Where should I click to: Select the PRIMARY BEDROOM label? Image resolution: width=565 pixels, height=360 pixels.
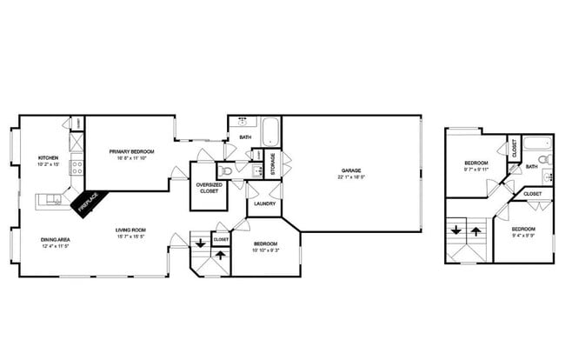[x=129, y=152]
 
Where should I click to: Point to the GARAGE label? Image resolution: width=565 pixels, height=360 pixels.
[x=350, y=170]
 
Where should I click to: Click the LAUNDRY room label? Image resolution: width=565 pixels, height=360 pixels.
[x=265, y=203]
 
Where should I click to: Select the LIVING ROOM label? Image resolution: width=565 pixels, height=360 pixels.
[x=131, y=230]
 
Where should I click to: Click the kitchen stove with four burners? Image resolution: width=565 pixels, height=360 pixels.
[x=76, y=166]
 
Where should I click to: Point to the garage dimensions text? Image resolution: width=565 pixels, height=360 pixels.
[x=350, y=177]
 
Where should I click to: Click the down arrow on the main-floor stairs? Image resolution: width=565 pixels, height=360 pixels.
[x=201, y=243]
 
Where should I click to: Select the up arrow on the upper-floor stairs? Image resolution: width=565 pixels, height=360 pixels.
[x=476, y=232]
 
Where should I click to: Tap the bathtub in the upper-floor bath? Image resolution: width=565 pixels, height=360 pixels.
[x=542, y=144]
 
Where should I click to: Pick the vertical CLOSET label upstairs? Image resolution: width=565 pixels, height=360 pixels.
[x=515, y=148]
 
